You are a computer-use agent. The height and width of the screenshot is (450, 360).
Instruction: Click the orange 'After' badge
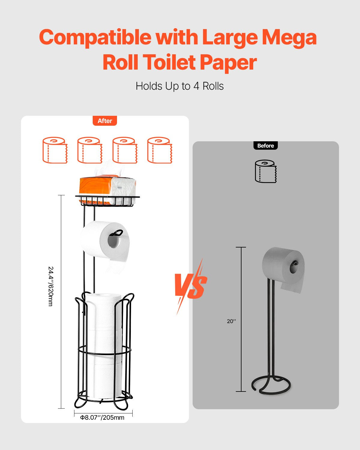click(105, 121)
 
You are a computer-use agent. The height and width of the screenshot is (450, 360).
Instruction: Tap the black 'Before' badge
click(265, 146)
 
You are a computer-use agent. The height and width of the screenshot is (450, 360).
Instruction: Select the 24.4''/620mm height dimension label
click(51, 286)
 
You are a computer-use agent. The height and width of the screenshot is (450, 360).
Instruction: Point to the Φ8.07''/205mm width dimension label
click(102, 418)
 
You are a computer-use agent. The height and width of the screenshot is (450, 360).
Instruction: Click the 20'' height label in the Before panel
click(231, 321)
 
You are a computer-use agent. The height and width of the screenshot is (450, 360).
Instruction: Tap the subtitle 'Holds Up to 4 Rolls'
click(180, 86)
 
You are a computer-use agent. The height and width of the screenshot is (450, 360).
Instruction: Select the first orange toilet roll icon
click(55, 150)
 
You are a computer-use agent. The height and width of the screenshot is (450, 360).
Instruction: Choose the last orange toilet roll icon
click(160, 150)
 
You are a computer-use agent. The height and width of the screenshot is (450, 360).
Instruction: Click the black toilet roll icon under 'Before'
click(265, 171)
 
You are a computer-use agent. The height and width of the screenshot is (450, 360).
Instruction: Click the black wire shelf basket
click(107, 201)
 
